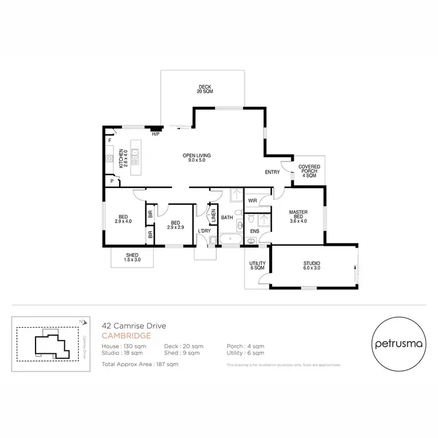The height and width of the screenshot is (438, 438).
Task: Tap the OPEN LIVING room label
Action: click(x=196, y=158)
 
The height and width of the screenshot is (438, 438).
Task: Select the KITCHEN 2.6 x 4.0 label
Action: click(x=123, y=158)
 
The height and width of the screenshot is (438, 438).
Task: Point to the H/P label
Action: click(x=155, y=134)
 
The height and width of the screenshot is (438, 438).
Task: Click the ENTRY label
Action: click(x=272, y=172)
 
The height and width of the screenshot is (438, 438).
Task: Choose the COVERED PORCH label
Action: click(x=309, y=171)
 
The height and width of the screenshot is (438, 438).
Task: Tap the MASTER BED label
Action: click(x=298, y=216)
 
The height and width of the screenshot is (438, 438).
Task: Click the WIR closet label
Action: click(x=252, y=200)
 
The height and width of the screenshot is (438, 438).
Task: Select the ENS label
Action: click(x=254, y=232)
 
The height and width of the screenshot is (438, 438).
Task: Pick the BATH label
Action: click(x=227, y=218)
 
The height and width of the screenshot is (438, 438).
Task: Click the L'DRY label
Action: click(x=204, y=232)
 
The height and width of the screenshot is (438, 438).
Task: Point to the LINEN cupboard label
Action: click(x=214, y=215)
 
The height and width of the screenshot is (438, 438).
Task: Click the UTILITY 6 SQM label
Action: click(x=258, y=266)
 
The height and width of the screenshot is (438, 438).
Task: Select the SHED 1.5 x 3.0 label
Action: click(x=133, y=258)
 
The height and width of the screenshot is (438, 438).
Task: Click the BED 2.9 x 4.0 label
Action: click(x=123, y=218)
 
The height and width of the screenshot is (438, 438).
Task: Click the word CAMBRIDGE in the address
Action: click(x=127, y=336)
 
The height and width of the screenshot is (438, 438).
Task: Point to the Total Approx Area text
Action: click(x=140, y=364)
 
